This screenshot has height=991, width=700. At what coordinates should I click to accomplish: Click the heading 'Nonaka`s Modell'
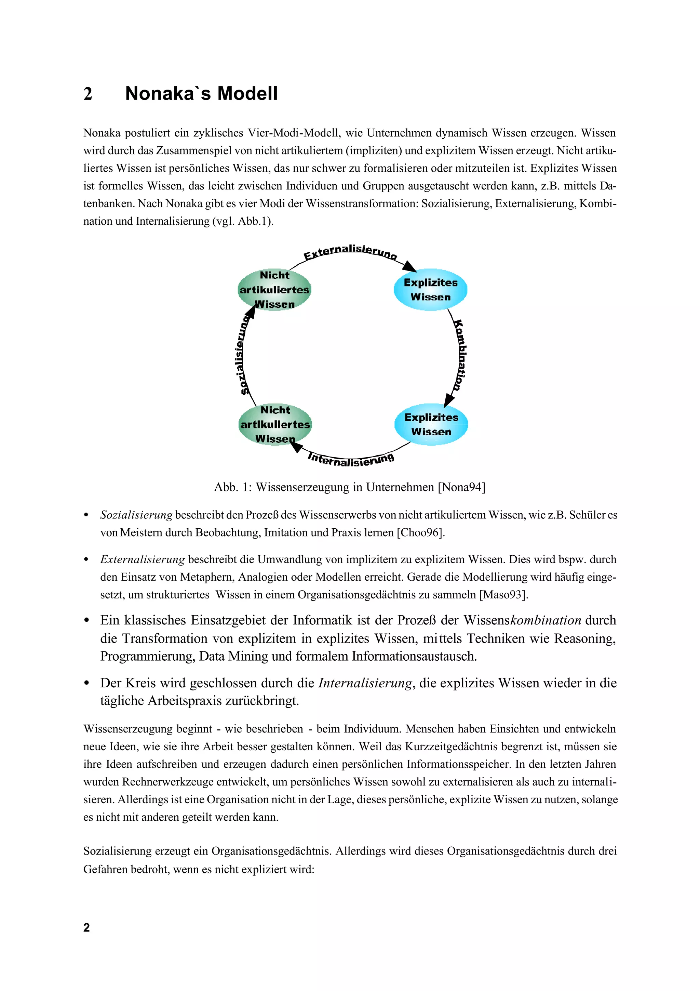click(x=201, y=94)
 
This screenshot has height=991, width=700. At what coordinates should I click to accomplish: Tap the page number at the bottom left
click(x=87, y=927)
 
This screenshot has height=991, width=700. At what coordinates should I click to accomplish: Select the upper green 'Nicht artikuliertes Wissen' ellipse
click(x=274, y=290)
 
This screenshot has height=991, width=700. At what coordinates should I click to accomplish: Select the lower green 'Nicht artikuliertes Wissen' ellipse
click(x=275, y=424)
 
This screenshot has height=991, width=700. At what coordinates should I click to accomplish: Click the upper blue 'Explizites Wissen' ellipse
click(x=430, y=290)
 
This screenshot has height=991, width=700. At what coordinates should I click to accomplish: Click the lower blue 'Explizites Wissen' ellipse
click(x=431, y=424)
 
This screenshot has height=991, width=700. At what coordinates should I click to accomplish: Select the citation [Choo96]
click(x=420, y=533)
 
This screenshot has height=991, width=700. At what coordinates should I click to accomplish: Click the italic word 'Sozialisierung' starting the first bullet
click(x=136, y=515)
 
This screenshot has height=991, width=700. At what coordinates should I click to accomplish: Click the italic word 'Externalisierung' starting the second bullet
click(x=142, y=559)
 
